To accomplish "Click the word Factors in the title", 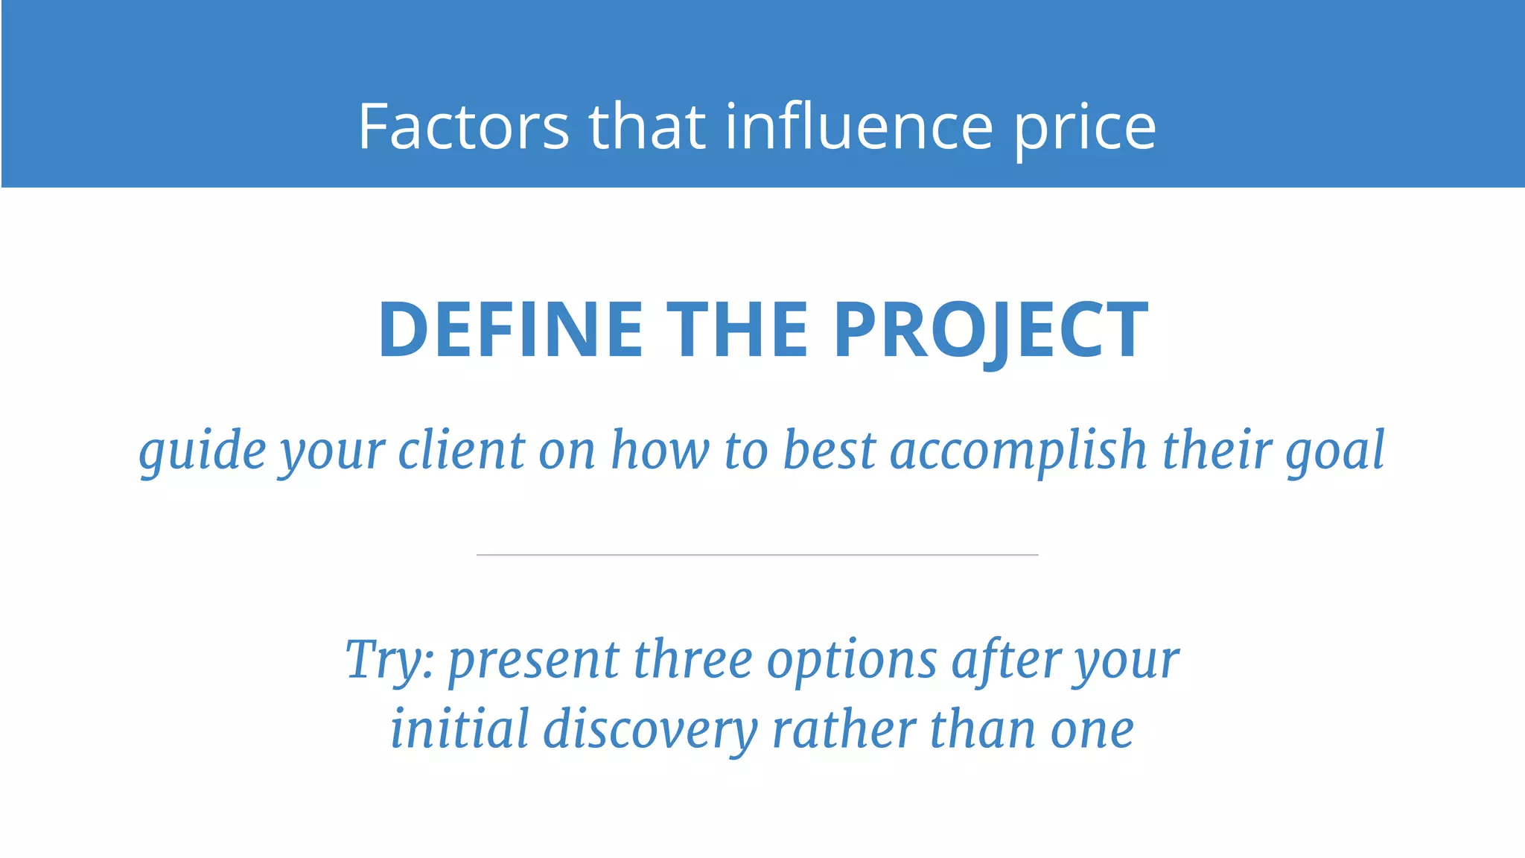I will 463,127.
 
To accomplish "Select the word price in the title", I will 1085,129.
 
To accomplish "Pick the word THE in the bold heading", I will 737,330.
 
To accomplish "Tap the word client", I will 462,450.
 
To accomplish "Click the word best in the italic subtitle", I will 830,450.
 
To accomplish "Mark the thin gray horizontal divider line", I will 757,555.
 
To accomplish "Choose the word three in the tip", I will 693,659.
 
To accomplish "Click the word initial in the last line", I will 459,728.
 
